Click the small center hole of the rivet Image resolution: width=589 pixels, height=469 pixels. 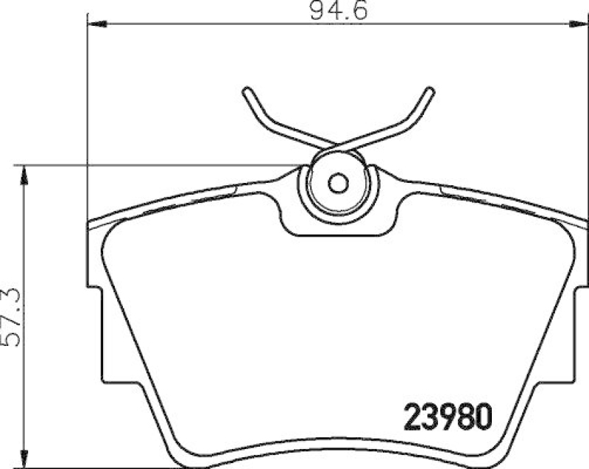click(x=338, y=183)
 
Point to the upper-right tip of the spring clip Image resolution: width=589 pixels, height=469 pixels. click(x=429, y=93)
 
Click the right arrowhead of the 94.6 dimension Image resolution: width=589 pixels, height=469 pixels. click(x=580, y=25)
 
